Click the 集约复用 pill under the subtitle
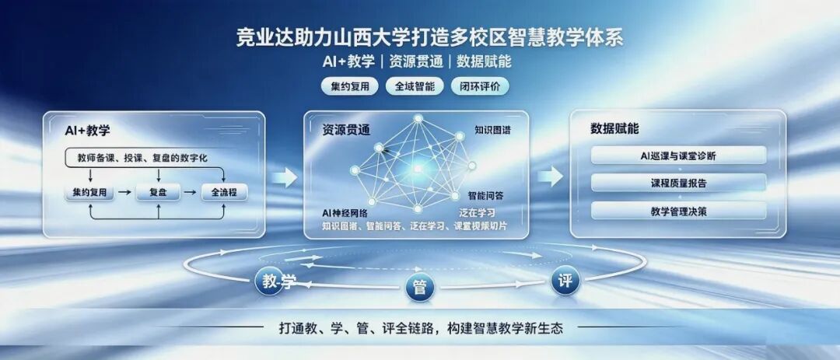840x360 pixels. coord(350,86)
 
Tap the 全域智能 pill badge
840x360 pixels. coord(415,86)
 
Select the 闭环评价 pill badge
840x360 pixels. coord(480,86)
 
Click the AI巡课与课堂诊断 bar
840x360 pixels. coord(678,156)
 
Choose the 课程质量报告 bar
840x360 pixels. coord(678,183)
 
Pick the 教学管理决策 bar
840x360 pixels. coord(678,211)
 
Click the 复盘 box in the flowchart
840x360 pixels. coord(158,192)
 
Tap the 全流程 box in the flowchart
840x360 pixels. coord(224,192)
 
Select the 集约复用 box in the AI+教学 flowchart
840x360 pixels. coord(89,192)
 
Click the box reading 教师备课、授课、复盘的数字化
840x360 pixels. coord(144,158)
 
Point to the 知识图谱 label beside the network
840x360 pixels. coord(492,130)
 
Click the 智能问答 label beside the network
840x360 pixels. coord(485,195)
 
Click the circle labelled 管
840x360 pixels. coord(419,288)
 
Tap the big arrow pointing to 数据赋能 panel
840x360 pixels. coord(550,177)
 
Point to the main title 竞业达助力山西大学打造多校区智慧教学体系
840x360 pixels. coord(429,39)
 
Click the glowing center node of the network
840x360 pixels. coord(418,170)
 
